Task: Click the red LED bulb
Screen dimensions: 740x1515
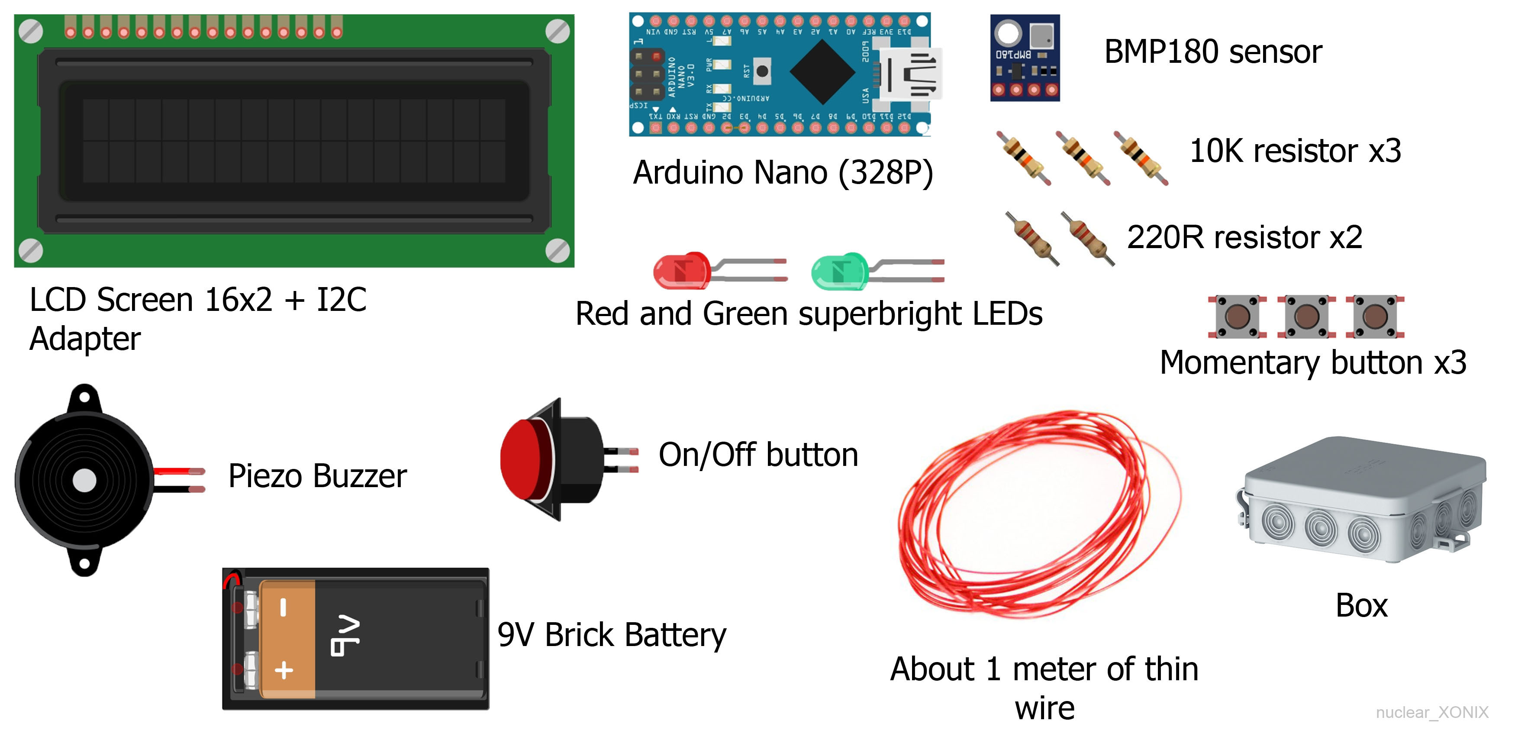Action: [681, 271]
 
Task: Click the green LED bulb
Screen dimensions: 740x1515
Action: [839, 271]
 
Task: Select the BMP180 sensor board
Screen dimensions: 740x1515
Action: [1025, 58]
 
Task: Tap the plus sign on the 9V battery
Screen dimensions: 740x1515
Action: [284, 670]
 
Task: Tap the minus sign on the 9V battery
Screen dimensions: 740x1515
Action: [284, 608]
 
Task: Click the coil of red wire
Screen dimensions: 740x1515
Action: [1038, 515]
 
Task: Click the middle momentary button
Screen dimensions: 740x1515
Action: [1306, 317]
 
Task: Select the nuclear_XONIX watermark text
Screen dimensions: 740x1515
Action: [1431, 712]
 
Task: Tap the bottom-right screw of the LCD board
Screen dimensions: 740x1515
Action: [557, 251]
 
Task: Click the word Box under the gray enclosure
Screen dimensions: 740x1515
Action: [1361, 605]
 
